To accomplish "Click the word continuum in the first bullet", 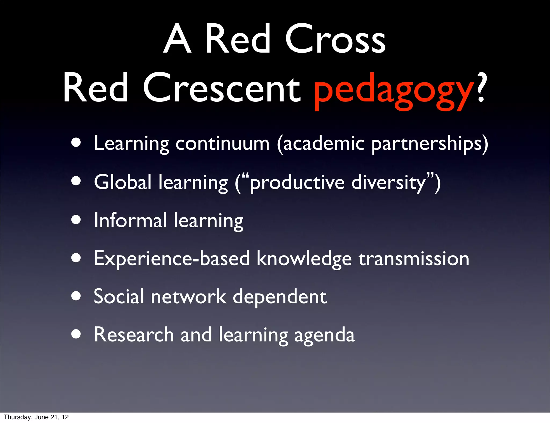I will pyautogui.click(x=222, y=143).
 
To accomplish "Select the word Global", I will pyautogui.click(x=122, y=182).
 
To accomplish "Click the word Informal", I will pyautogui.click(x=130, y=220).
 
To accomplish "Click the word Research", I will pyautogui.click(x=134, y=335).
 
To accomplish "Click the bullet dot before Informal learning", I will pyautogui.click(x=76, y=220).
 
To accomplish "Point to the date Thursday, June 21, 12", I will pyautogui.click(x=36, y=417).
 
